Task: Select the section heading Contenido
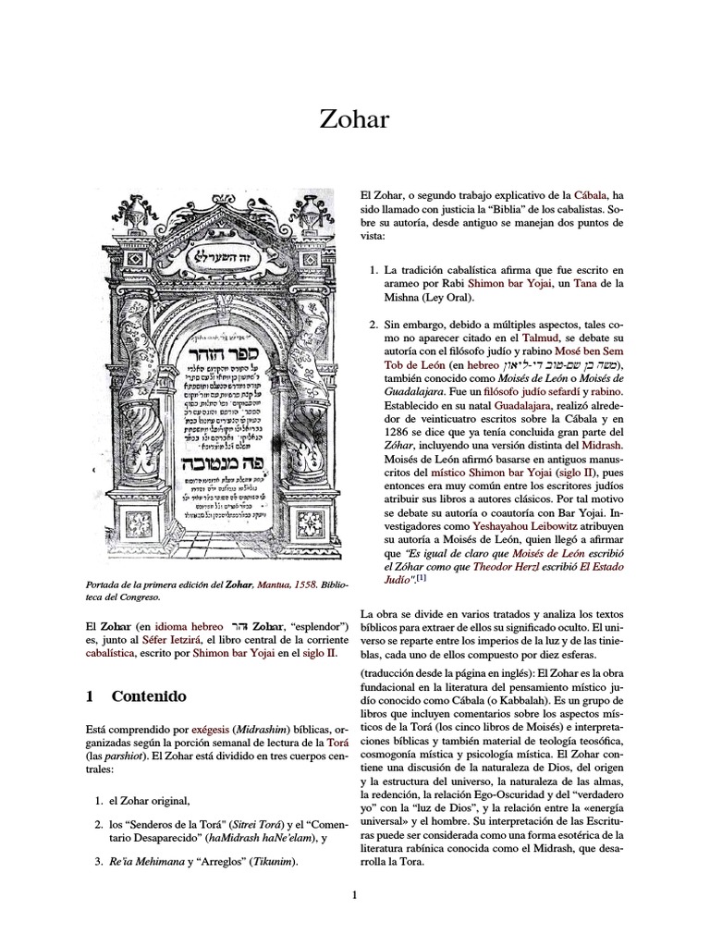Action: [149, 695]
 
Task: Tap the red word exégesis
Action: [191, 730]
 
